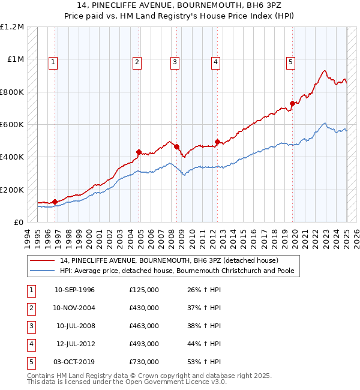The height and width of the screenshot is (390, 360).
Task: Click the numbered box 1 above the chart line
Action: [x=53, y=61]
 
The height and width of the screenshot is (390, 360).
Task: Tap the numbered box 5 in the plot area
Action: [x=290, y=61]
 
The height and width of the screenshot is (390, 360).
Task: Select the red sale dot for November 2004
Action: [x=139, y=152]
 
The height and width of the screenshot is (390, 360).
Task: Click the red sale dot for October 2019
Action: [x=292, y=103]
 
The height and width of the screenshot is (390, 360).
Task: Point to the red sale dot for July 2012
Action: [x=217, y=142]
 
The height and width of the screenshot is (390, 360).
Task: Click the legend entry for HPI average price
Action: [x=179, y=271]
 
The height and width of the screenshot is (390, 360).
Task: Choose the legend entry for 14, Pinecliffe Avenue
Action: [x=169, y=260]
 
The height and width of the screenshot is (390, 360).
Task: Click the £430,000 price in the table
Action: [x=144, y=308]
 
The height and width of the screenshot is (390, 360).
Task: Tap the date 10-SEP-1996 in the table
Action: [x=74, y=290]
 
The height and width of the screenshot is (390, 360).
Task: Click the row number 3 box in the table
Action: [x=31, y=326]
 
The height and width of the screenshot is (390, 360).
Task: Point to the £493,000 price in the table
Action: [x=144, y=344]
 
